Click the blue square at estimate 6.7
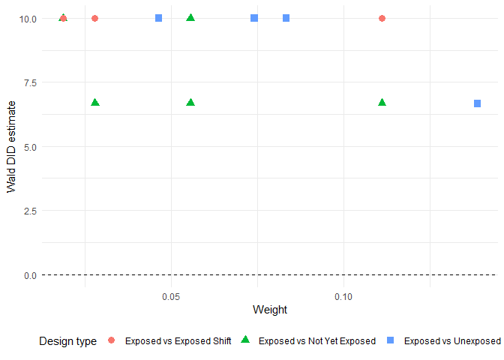[477, 103]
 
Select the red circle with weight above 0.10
[382, 18]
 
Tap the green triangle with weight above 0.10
[382, 102]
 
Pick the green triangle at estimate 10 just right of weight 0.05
[190, 17]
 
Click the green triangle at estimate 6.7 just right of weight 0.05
[190, 102]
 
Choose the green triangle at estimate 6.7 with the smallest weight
[95, 102]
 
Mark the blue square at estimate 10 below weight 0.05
[158, 18]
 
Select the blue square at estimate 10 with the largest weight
[286, 18]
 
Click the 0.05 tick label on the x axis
[172, 297]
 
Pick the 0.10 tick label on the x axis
[343, 297]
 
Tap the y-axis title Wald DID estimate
[12, 146]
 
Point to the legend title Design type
[67, 341]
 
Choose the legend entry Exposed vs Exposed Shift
[178, 341]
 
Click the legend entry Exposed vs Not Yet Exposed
[316, 341]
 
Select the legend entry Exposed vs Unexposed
[451, 341]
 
